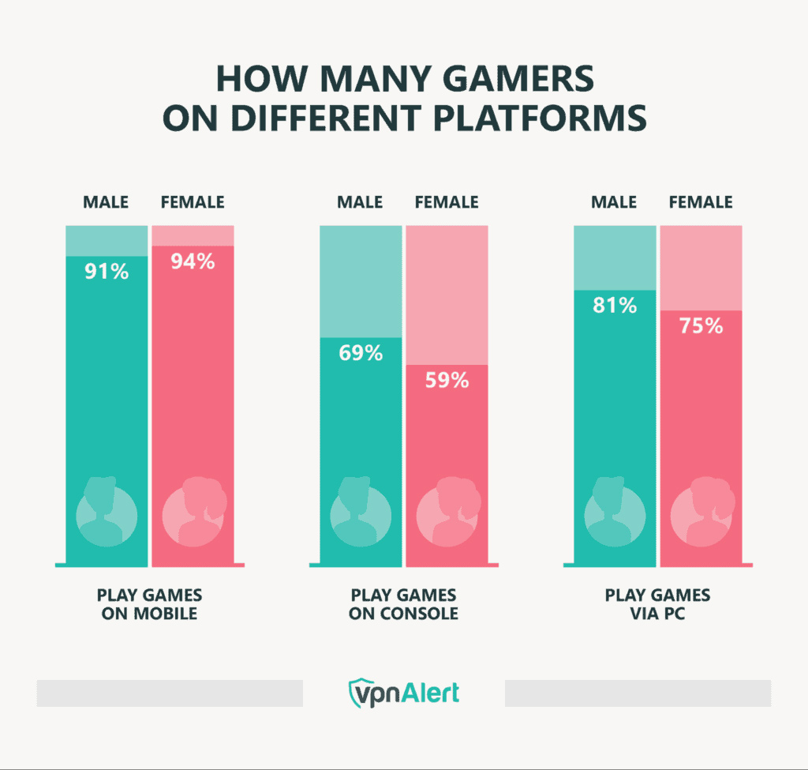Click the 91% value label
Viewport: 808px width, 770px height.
[x=106, y=272]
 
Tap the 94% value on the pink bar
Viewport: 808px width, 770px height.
[x=193, y=261]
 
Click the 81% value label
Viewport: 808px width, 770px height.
[x=615, y=305]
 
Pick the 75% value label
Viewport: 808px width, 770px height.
[x=701, y=325]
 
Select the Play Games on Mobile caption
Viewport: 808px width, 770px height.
[x=149, y=604]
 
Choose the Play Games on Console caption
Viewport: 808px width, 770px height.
[x=404, y=604]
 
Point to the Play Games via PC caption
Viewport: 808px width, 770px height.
[x=658, y=604]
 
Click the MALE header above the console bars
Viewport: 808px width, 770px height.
[x=360, y=202]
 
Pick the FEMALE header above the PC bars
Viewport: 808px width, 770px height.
[x=701, y=202]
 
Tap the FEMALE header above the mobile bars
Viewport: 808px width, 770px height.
[x=193, y=202]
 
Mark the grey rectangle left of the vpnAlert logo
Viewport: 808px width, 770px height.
[x=170, y=693]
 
